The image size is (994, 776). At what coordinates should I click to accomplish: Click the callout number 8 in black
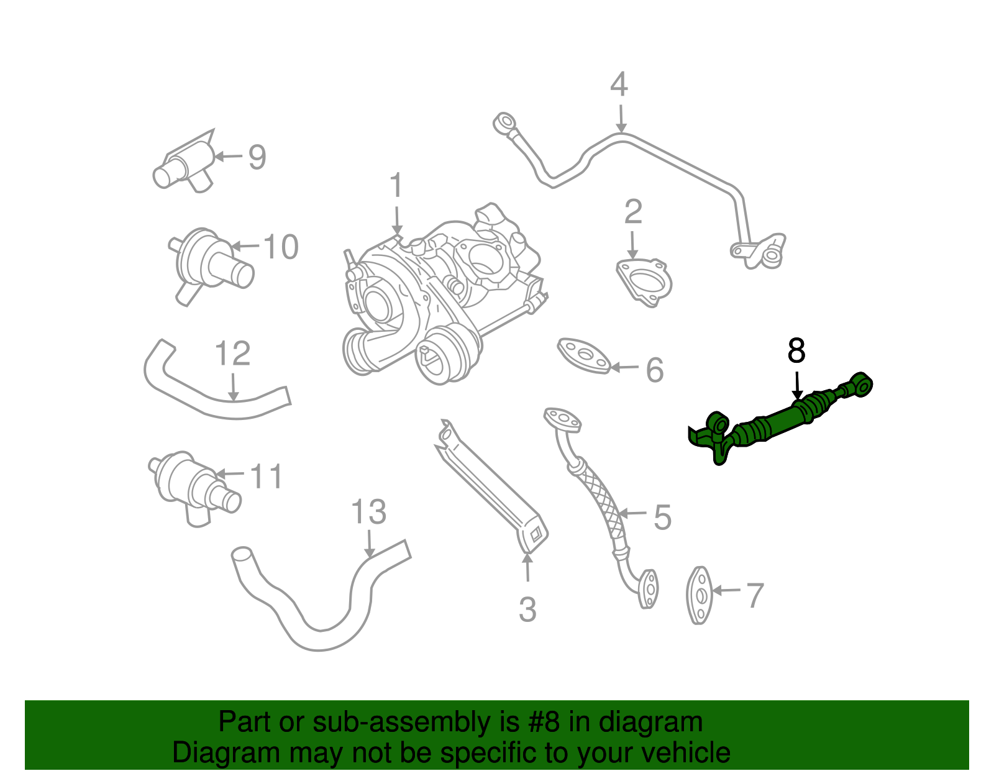click(x=796, y=351)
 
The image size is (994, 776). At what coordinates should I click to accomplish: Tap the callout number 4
click(x=619, y=85)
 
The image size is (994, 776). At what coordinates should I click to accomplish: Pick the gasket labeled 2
click(x=644, y=283)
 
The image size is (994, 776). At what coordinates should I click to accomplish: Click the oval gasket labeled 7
click(x=700, y=595)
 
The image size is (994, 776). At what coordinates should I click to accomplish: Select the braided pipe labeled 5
click(x=596, y=497)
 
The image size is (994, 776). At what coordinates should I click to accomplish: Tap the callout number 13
click(x=368, y=513)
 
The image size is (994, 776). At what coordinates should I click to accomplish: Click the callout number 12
click(x=232, y=354)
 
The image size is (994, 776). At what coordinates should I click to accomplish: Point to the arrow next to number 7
click(x=727, y=590)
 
